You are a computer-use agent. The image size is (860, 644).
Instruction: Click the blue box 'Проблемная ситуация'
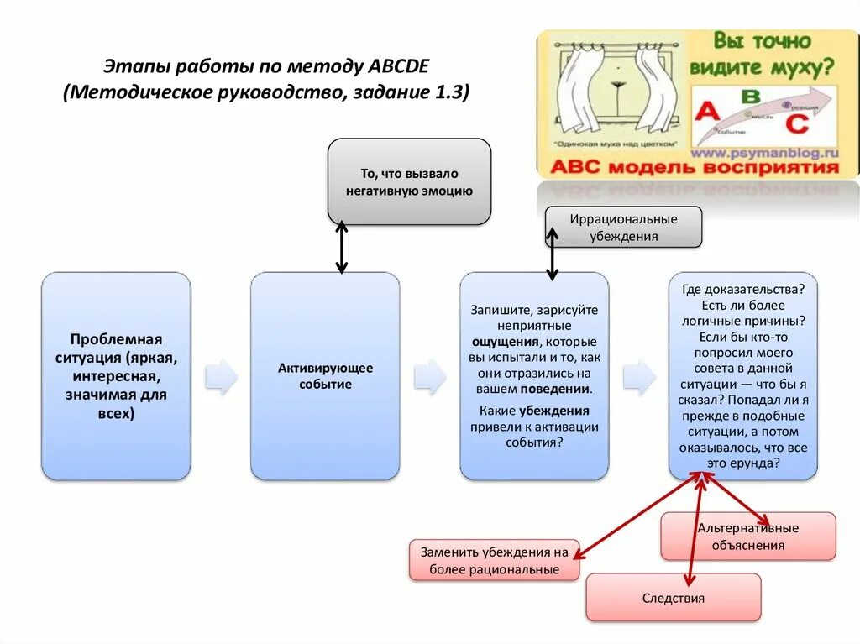(116, 376)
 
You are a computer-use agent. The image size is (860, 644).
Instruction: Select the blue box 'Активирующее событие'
(325, 376)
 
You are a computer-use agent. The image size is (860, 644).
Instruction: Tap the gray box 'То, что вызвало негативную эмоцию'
(409, 182)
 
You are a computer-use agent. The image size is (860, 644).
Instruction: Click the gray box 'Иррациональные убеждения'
(623, 228)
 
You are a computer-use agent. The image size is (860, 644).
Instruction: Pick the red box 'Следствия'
(673, 598)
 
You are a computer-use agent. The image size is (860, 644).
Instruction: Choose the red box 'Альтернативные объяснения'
(747, 537)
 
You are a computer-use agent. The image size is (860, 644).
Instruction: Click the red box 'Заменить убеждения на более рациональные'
(495, 561)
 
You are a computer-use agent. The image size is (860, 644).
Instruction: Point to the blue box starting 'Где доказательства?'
(742, 375)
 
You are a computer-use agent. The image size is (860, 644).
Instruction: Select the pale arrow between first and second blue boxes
(221, 377)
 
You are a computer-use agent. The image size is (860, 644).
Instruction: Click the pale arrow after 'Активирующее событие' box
(429, 377)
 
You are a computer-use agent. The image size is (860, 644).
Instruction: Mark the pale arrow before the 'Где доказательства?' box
(639, 377)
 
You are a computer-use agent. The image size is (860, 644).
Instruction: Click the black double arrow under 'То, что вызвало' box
(341, 248)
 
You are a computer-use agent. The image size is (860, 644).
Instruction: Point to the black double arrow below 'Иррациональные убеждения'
(552, 255)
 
